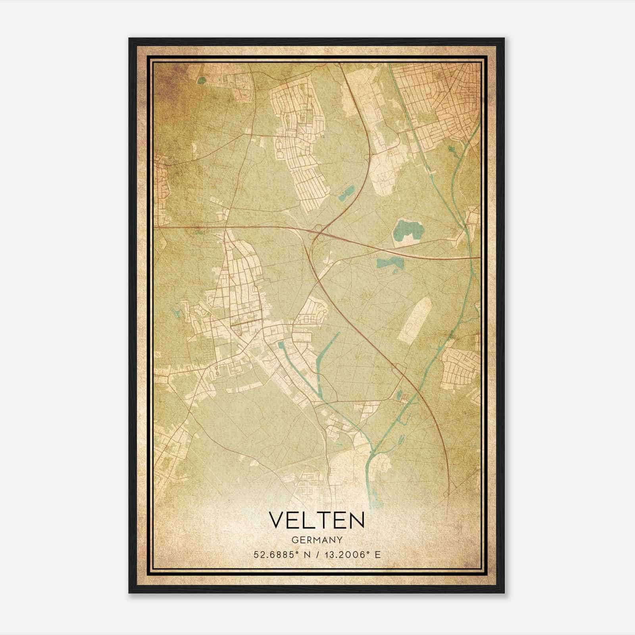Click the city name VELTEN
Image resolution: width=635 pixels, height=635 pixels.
(317, 520)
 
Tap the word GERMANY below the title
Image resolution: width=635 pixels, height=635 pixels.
(317, 540)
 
